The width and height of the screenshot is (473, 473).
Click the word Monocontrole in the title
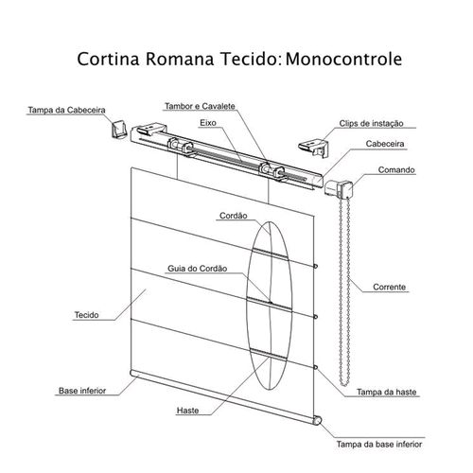point(343,59)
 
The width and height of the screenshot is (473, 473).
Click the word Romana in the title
point(180,59)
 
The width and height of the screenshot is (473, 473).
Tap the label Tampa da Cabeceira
point(66,110)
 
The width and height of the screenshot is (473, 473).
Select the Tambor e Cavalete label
point(200,106)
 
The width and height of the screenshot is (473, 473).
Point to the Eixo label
point(208,123)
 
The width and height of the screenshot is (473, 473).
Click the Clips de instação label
point(371,123)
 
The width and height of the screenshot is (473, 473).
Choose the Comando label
point(396,170)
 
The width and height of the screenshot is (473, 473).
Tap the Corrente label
point(389,287)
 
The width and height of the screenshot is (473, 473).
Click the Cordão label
point(233,216)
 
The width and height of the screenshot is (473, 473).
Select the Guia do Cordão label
point(197,269)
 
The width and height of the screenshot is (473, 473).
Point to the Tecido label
point(86,315)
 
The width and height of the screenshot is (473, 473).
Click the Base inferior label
point(82,391)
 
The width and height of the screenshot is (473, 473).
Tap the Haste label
point(187,411)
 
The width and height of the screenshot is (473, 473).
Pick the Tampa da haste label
point(386,392)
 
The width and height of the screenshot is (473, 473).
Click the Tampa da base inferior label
point(379,445)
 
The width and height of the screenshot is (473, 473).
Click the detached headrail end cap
point(118,130)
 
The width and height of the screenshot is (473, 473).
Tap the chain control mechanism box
point(339,188)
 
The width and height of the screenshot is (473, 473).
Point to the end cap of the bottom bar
point(317,421)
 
